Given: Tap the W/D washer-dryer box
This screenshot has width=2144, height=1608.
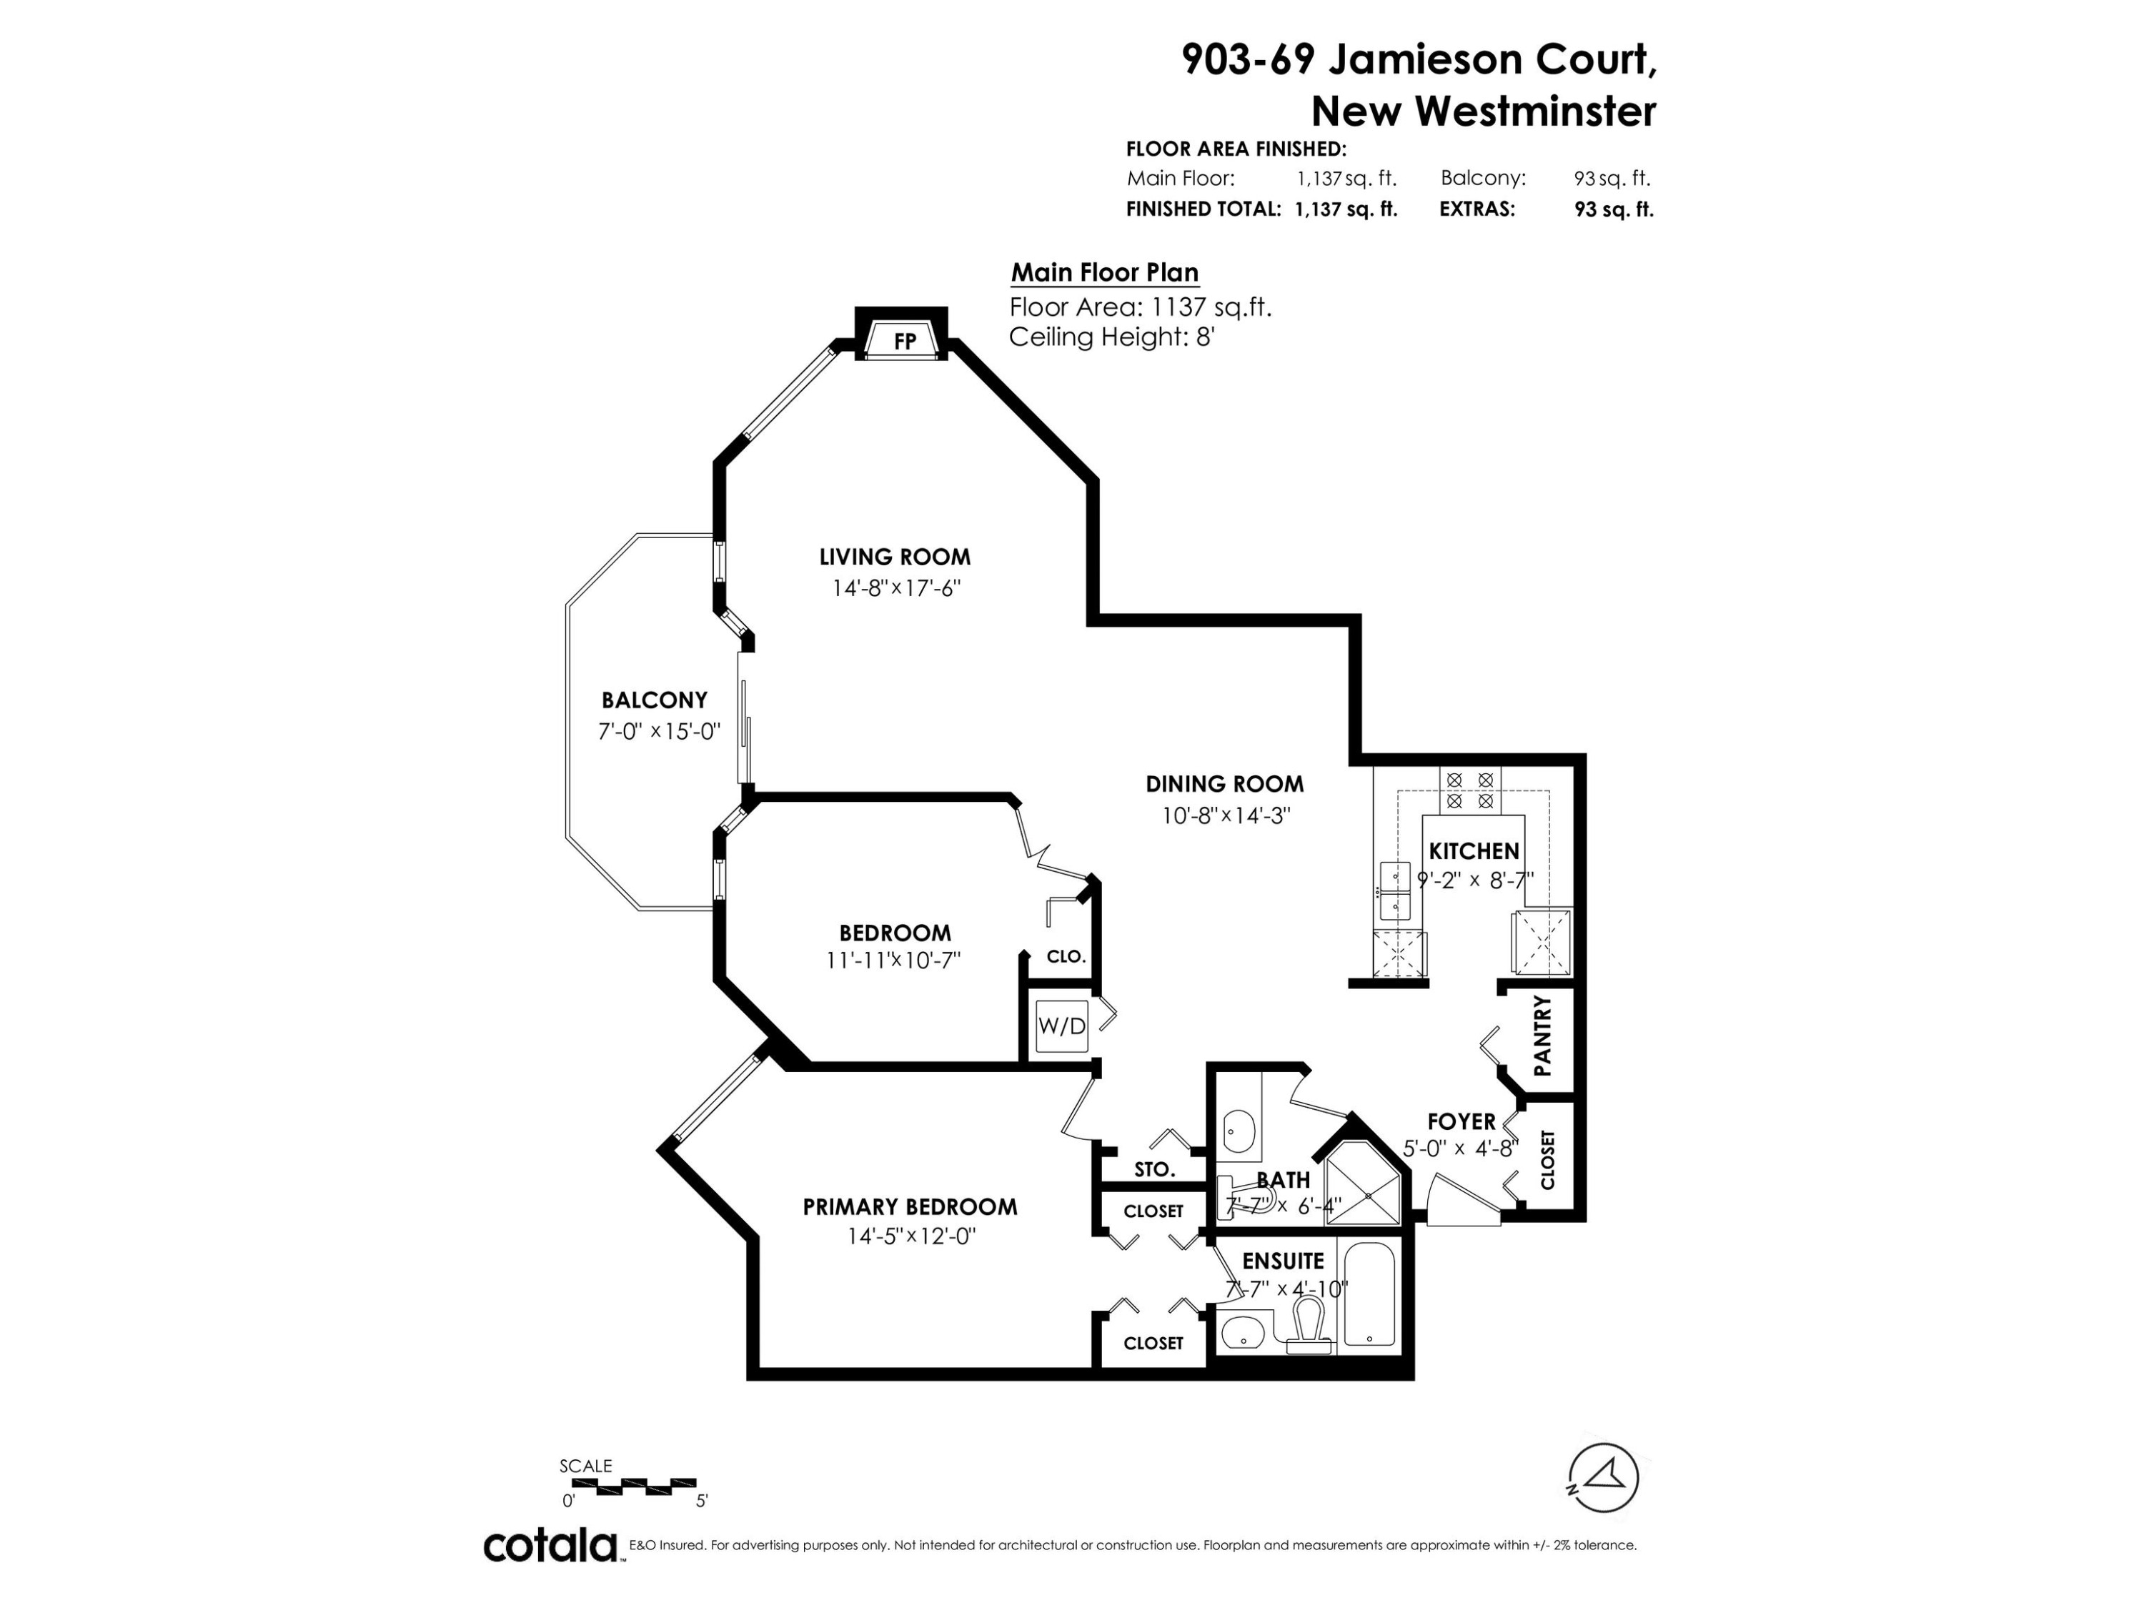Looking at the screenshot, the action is point(1061,1026).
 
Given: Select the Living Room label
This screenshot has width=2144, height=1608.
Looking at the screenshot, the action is point(895,557).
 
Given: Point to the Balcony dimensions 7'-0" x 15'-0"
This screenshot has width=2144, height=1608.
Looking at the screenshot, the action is point(659,731).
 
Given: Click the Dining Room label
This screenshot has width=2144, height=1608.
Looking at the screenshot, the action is point(1224,784).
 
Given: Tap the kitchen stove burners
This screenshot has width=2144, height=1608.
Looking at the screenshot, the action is point(1469,790).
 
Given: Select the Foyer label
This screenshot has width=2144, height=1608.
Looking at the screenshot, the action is point(1461,1121).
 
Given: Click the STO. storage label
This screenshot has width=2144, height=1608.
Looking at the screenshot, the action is point(1153,1170).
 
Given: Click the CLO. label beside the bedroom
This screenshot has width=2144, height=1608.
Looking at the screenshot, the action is point(1066,957).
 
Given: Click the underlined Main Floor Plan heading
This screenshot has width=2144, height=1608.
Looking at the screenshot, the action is point(1105,273).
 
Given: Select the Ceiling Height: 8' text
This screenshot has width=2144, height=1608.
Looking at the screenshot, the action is point(1112,337).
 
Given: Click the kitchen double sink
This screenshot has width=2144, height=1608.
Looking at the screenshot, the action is point(1395,890).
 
